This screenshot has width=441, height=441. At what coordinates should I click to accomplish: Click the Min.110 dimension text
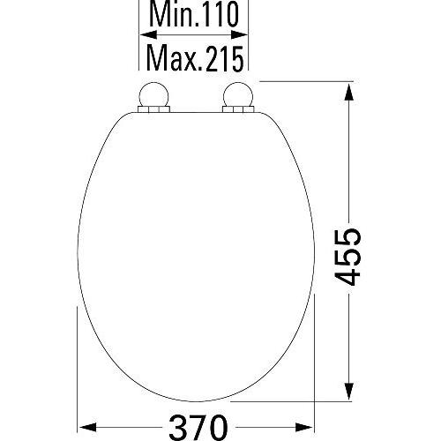pyautogui.click(x=194, y=14)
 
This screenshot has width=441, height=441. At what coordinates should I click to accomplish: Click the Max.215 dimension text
pyautogui.click(x=195, y=59)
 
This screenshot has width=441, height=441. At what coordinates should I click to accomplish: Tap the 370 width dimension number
pyautogui.click(x=198, y=427)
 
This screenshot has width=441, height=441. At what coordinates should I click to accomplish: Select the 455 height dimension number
pyautogui.click(x=348, y=257)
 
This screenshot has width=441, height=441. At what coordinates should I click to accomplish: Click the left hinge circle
pyautogui.click(x=153, y=95)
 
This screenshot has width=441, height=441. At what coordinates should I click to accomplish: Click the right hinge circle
pyautogui.click(x=238, y=95)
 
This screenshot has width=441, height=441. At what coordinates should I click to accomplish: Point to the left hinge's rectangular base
pyautogui.click(x=153, y=109)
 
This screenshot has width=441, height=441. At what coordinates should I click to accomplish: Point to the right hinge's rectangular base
pyautogui.click(x=238, y=109)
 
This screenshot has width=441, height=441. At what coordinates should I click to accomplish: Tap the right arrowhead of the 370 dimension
pyautogui.click(x=304, y=427)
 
